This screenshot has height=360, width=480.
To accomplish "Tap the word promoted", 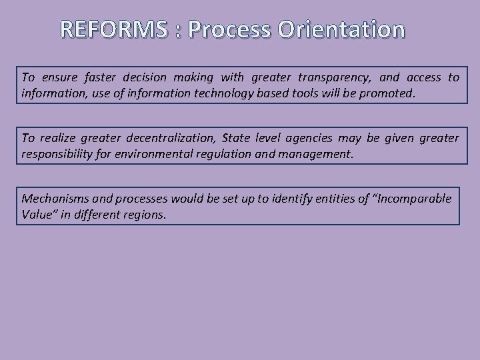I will click(387, 93).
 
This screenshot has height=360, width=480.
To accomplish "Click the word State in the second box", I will click(238, 139).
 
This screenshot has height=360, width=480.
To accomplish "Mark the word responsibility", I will click(61, 154).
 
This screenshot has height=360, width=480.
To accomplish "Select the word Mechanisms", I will click(55, 199).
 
